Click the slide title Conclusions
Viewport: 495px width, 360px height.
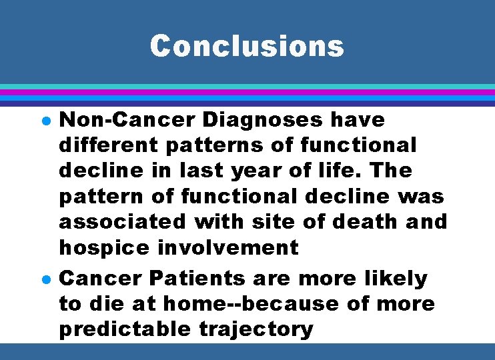point(247,46)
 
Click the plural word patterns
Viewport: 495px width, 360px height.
point(217,145)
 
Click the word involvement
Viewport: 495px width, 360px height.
point(227,248)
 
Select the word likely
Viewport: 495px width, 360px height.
point(393,278)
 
